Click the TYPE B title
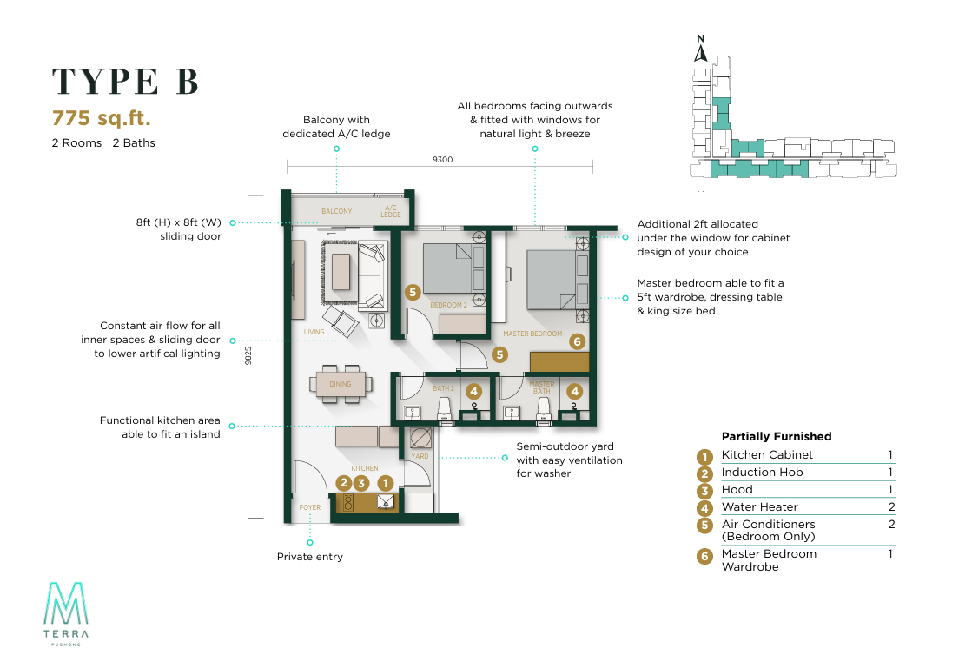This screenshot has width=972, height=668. coord(126,81)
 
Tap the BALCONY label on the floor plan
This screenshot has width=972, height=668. coord(336,211)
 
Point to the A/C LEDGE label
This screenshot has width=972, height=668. coord(391,211)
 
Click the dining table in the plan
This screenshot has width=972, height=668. coord(341,384)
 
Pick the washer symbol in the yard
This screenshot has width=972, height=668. coord(420,437)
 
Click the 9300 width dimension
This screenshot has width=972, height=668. coord(442,160)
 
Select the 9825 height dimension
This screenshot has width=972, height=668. coord(248,357)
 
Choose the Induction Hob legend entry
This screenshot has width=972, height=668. coord(762,473)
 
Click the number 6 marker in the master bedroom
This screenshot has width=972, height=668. coord(577,341)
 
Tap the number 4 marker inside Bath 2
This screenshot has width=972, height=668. coord(473,392)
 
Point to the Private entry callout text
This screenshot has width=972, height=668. coord(310,557)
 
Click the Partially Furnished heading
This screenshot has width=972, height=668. coord(777,437)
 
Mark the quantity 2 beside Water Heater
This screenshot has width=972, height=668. coord(890,507)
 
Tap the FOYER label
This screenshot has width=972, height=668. coord(310,507)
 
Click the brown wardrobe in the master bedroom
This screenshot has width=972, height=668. coord(559,360)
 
